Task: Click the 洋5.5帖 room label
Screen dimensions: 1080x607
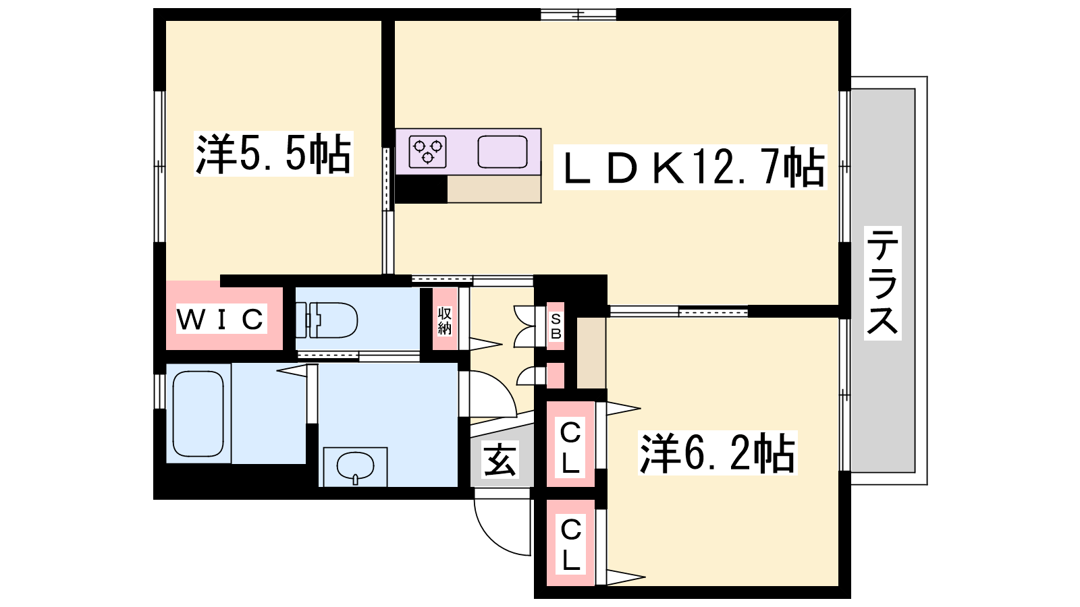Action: click(273, 154)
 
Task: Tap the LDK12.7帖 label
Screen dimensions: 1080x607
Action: click(690, 167)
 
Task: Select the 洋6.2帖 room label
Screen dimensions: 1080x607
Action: click(718, 453)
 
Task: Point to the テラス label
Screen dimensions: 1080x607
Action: click(882, 283)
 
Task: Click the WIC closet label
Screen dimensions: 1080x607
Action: click(221, 318)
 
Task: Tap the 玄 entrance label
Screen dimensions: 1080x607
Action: click(500, 459)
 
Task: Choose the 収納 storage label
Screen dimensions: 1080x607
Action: click(445, 320)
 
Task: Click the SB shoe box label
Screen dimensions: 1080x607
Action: click(556, 326)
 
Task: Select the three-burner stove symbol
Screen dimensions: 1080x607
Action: click(428, 152)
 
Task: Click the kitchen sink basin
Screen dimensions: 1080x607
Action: click(502, 152)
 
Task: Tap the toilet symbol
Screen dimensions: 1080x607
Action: click(327, 320)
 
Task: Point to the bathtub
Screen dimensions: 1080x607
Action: click(198, 414)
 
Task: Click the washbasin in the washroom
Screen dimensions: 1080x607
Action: click(355, 466)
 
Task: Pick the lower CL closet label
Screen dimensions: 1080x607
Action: click(571, 544)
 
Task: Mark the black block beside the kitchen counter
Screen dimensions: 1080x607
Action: click(421, 189)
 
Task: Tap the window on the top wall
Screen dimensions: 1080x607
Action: click(578, 15)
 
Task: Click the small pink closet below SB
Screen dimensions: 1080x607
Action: click(555, 376)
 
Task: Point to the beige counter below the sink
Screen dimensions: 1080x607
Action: click(494, 189)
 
